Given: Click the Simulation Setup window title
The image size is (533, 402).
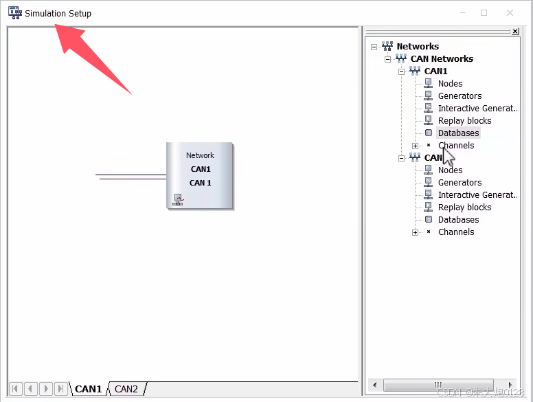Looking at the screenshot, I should pos(58,13).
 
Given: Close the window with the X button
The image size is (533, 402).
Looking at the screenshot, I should pos(510,13).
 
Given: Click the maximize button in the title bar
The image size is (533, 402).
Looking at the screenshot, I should pos(484,13).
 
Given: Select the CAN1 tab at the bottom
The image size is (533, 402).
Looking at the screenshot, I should pos(89,389).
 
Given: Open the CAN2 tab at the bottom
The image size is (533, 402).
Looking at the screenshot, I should pos(126,389).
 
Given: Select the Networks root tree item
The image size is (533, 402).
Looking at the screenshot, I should pos(418,47).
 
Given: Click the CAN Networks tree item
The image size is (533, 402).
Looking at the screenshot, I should pos(442,59).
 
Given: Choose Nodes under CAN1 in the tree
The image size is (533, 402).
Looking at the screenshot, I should pos(450,84).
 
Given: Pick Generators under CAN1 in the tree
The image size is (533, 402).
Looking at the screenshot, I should pos(460,96).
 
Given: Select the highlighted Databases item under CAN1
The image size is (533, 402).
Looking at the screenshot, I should pos(458,133).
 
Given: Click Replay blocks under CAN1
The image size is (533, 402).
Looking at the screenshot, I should pos(464,121).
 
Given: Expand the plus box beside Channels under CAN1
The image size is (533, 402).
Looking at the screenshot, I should pos(415,146).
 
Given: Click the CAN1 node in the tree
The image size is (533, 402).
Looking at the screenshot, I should pos(435,71).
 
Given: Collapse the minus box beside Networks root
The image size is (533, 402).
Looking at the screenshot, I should pos(374,47).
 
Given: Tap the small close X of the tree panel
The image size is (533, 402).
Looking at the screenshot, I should pos(515,32).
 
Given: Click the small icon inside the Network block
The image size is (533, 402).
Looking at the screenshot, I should pos(178,200).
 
